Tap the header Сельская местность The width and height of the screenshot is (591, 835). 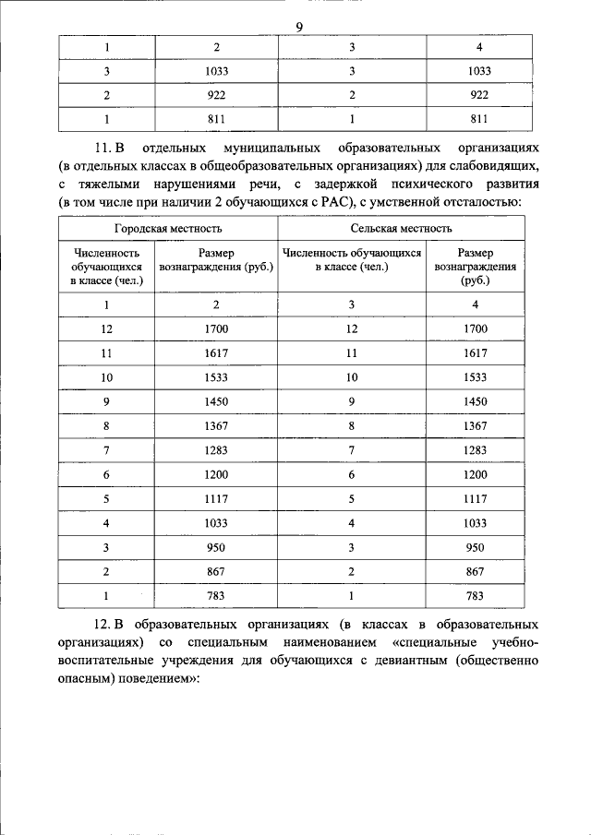401,228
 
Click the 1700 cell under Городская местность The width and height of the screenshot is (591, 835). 216,328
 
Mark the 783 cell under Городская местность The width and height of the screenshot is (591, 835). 216,597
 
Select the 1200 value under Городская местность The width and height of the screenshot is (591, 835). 216,475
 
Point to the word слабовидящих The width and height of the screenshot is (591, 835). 494,165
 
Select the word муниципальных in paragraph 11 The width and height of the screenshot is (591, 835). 267,148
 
